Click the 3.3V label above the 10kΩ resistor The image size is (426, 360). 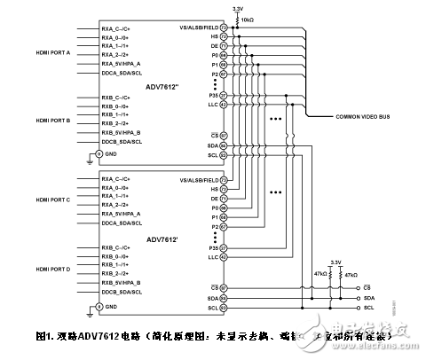coord(236,7)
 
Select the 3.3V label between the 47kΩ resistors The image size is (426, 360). coord(335,262)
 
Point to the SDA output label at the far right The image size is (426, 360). coord(368,298)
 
